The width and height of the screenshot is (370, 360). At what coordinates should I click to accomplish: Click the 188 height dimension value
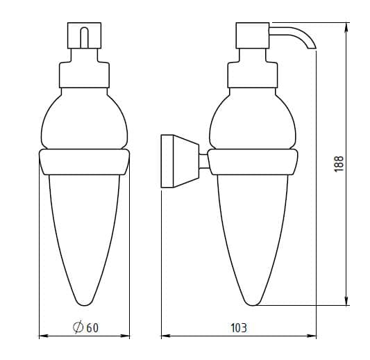[x=339, y=164]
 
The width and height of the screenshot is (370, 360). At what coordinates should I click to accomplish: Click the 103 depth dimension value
[x=239, y=328]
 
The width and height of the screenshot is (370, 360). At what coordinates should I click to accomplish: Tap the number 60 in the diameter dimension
[x=92, y=328]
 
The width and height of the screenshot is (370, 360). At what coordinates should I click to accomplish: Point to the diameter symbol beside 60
[x=78, y=327]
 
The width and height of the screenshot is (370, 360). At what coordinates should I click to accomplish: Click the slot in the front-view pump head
[x=84, y=38]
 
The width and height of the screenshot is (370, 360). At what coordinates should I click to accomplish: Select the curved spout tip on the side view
[x=311, y=48]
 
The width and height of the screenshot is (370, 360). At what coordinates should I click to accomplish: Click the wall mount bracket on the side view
[x=180, y=161]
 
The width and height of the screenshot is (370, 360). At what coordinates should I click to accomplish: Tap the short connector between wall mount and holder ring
[x=204, y=161]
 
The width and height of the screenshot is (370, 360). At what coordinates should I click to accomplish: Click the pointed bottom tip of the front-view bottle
[x=84, y=304]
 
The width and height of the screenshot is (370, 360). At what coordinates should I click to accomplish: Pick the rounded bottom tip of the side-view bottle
[x=253, y=304]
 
